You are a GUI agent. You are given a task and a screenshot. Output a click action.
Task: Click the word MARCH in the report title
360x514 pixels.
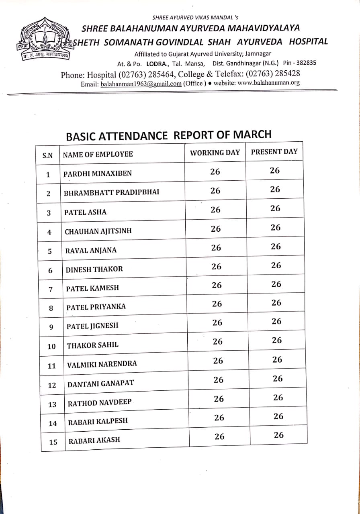(x=251, y=134)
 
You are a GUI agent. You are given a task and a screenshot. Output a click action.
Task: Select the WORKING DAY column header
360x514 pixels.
(x=215, y=153)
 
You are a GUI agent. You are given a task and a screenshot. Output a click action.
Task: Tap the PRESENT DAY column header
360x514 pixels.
(x=274, y=152)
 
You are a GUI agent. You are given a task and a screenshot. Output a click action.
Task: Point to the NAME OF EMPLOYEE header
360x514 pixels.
(x=98, y=154)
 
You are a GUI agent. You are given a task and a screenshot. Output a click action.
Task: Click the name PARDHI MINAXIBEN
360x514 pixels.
(x=98, y=173)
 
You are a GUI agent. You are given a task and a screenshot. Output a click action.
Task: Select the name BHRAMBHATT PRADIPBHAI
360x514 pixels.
(x=111, y=192)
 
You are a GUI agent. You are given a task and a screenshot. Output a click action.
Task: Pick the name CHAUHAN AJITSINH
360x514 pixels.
(x=98, y=231)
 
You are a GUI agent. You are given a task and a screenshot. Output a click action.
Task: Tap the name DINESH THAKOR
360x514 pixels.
(x=94, y=269)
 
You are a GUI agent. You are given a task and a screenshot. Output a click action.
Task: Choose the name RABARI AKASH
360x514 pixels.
(x=94, y=440)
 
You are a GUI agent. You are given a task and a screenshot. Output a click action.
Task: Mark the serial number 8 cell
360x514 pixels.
(x=51, y=308)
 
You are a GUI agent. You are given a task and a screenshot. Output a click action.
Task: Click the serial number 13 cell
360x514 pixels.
(x=52, y=404)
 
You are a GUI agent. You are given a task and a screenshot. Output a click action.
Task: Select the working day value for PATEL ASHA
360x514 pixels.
(x=215, y=210)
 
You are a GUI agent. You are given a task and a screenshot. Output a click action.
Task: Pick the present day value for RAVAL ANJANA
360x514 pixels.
(x=276, y=247)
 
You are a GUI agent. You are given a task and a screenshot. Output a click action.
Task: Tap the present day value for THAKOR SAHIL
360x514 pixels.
(x=277, y=341)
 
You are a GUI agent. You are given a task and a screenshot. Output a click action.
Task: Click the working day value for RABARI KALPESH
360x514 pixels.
(x=219, y=418)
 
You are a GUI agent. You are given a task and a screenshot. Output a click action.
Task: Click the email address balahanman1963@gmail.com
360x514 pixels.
(x=141, y=84)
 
